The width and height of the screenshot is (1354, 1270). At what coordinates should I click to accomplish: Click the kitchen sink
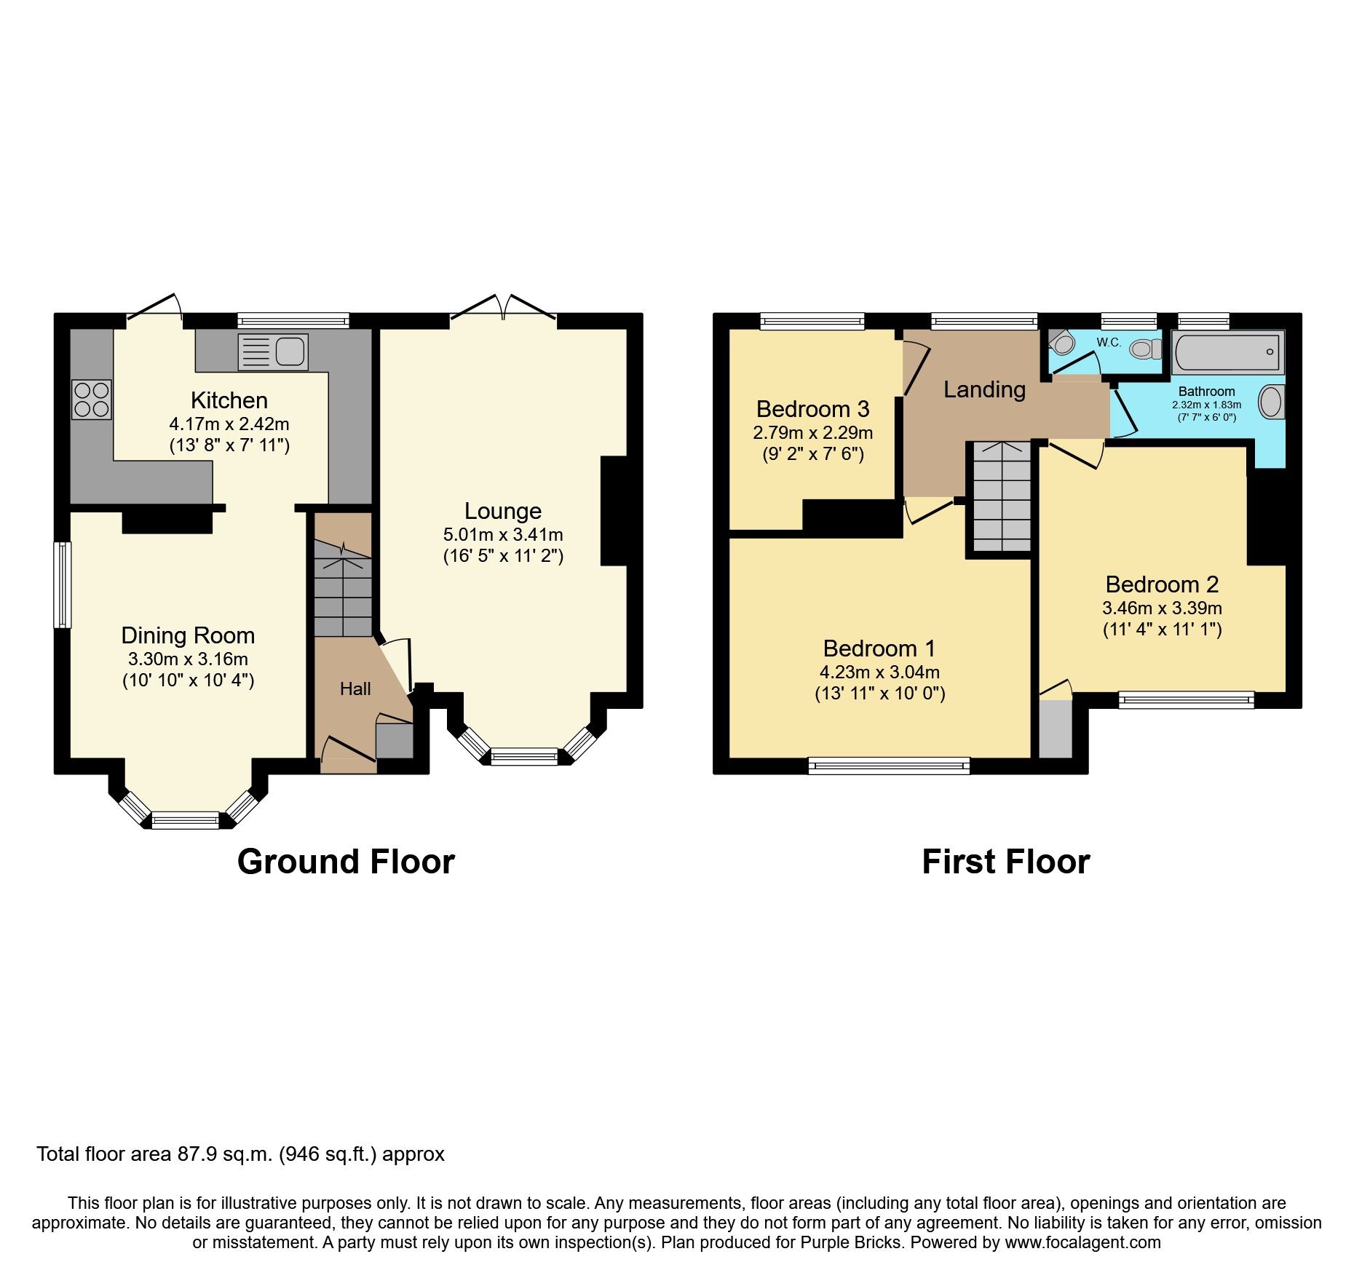[274, 352]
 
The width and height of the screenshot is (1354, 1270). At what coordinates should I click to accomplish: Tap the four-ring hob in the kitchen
[92, 400]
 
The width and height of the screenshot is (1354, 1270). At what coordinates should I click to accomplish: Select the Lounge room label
[503, 511]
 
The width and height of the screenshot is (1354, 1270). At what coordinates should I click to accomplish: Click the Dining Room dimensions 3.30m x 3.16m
[188, 659]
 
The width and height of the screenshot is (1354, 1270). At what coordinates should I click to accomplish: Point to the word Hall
[355, 688]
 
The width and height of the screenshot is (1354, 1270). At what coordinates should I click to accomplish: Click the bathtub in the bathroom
[1227, 352]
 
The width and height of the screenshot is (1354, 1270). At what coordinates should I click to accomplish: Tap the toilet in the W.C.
[1145, 350]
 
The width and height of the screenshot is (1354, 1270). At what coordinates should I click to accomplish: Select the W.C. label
[1109, 342]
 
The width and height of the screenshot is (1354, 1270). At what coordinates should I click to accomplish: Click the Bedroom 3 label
[812, 409]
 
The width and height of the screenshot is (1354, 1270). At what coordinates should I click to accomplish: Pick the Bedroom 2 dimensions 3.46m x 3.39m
[1162, 608]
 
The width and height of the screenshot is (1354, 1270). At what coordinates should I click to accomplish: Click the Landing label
[984, 389]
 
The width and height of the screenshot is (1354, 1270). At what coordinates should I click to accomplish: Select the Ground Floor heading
[346, 862]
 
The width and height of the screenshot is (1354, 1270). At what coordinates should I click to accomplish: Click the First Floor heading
[1005, 862]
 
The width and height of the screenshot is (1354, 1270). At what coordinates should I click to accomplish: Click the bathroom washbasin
[1271, 402]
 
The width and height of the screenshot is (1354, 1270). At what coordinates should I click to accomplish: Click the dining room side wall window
[63, 584]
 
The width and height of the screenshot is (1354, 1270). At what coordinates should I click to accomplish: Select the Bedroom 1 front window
[889, 765]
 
